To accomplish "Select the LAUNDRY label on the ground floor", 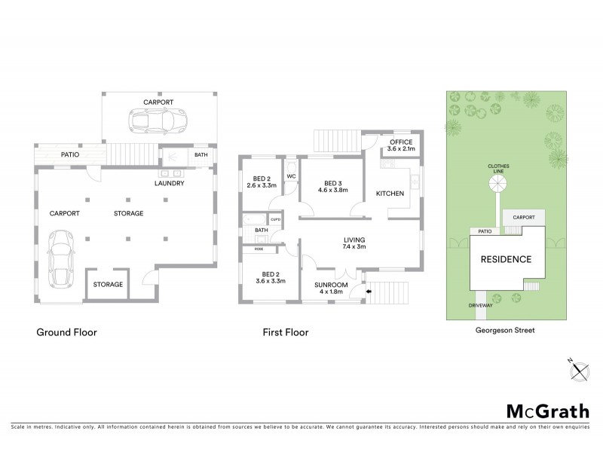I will pyautogui.click(x=170, y=183).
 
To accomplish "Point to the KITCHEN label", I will pyautogui.click(x=390, y=194).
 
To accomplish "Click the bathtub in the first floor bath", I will pyautogui.click(x=253, y=221).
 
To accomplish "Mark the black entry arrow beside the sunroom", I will pyautogui.click(x=369, y=291).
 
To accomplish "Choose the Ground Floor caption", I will pyautogui.click(x=67, y=331).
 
